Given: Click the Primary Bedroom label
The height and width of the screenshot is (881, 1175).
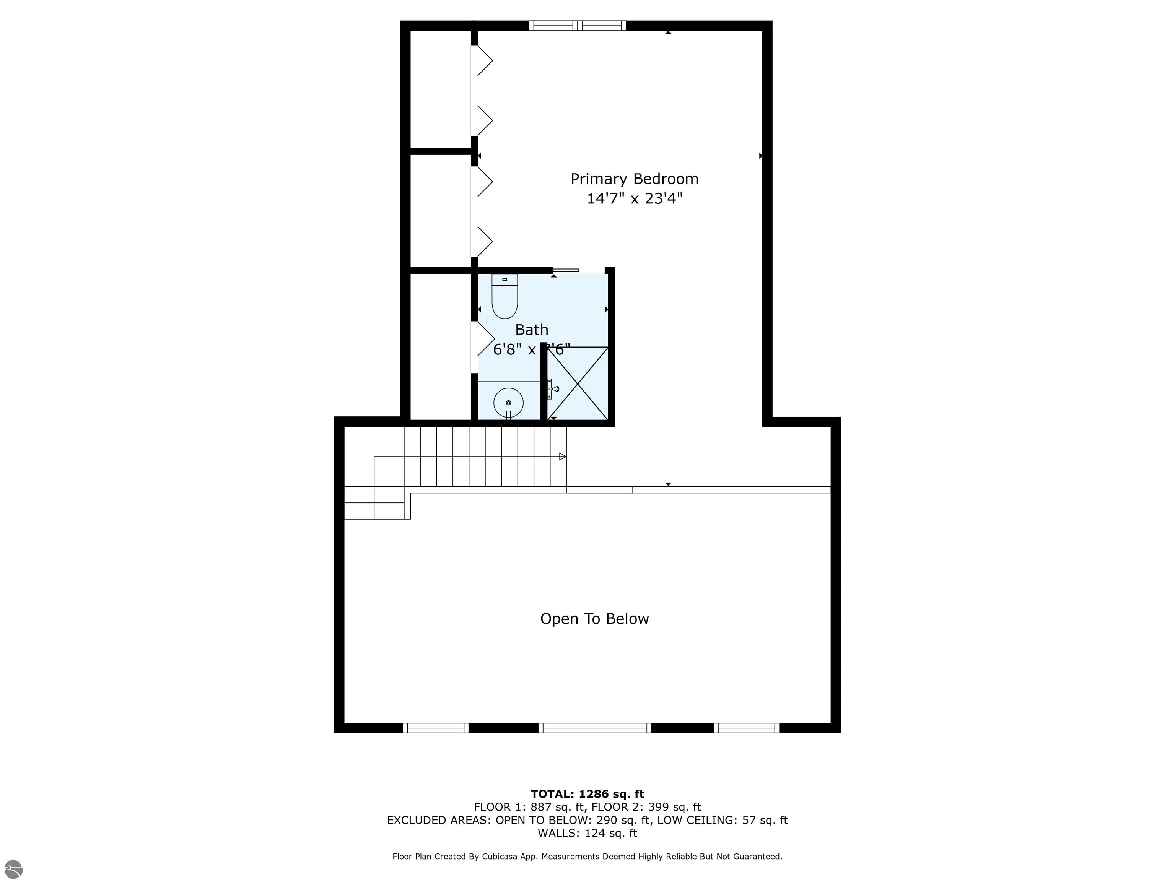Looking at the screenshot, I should coord(634,179).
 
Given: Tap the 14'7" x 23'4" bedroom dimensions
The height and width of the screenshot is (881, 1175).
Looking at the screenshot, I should coord(634,198).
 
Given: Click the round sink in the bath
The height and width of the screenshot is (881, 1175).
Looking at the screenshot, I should coord(508,403).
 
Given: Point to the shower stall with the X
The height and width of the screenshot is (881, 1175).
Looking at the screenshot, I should coord(578,383).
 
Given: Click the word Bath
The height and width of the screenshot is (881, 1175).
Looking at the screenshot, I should coord(532,330).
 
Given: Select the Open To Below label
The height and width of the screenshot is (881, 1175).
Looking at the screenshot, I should coord(594,619).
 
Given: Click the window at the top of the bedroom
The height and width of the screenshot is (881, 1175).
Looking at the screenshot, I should coord(578,26).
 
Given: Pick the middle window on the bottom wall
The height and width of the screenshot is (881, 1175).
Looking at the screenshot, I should coord(594,728).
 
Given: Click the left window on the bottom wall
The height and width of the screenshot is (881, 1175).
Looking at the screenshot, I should coord(436,728).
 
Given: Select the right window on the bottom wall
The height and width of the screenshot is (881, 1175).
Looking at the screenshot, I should coord(746,728).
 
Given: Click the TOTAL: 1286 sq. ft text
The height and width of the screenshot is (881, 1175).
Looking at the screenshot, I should coord(587,794).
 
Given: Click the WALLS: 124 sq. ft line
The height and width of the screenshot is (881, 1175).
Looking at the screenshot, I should coord(587,833).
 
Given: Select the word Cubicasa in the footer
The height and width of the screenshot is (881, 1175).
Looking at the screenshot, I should coord(500,857).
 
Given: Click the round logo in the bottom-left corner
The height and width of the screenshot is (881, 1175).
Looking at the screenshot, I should coord(13,869).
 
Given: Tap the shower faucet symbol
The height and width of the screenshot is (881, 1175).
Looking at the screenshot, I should coord(552,389).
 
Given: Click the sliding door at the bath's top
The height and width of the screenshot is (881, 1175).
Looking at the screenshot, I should coord(566,270).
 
